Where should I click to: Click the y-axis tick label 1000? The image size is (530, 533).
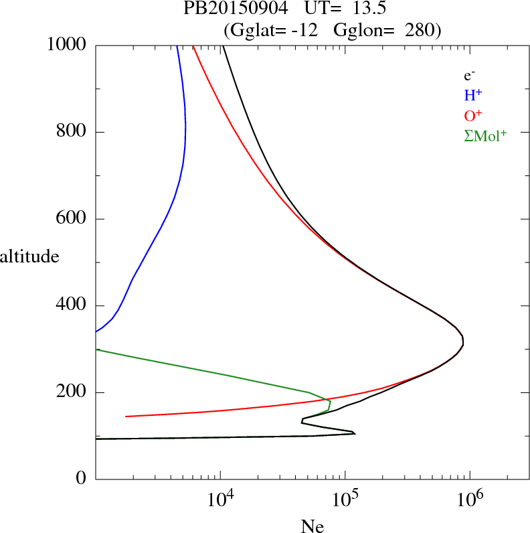[66, 45]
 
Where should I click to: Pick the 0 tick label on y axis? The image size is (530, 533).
[82, 479]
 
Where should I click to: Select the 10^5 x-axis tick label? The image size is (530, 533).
[345, 501]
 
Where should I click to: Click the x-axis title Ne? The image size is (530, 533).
[312, 526]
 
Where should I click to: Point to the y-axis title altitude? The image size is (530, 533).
[29, 256]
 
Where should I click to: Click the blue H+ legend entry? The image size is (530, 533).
[474, 96]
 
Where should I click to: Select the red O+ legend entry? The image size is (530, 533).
[474, 116]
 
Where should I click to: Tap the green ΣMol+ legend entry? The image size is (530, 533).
[485, 136]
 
